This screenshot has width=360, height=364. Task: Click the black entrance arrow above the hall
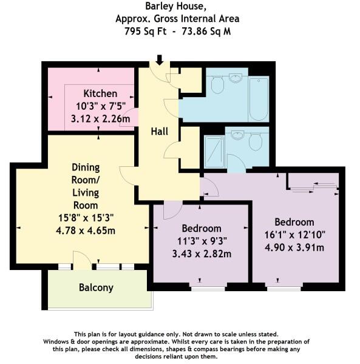pyautogui.click(x=160, y=59)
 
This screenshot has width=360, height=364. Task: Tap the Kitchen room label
pyautogui.click(x=100, y=94)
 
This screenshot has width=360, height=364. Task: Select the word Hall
pyautogui.click(x=159, y=131)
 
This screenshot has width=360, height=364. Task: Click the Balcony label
pyautogui.click(x=96, y=288)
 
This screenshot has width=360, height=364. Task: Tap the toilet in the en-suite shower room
pyautogui.click(x=256, y=142)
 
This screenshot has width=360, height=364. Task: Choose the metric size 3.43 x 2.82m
pyautogui.click(x=202, y=254)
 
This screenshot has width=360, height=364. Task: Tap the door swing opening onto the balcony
pyautogui.click(x=83, y=260)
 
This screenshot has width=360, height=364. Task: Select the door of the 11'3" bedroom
pyautogui.click(x=172, y=211)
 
